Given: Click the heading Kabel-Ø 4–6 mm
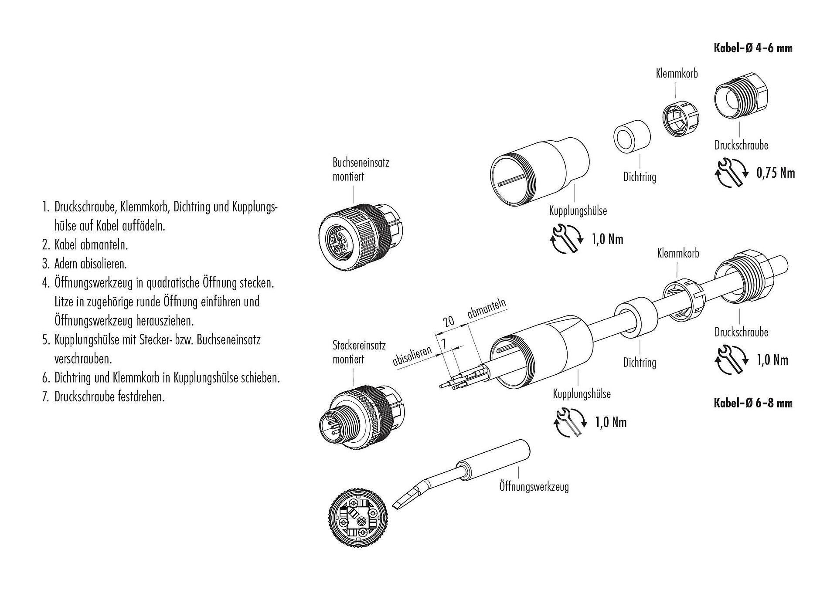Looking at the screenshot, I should tap(753, 48).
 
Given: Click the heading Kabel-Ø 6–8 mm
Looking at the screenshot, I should tap(753, 403).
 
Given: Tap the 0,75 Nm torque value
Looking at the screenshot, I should tap(776, 173).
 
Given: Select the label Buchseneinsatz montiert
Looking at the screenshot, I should tap(361, 170).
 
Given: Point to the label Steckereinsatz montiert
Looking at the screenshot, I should tap(359, 353).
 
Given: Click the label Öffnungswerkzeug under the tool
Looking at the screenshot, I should tap(534, 486).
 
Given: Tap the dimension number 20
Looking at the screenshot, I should tap(449, 322).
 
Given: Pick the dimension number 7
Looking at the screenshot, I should tap(444, 344).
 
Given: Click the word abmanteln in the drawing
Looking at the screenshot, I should tap(487, 308).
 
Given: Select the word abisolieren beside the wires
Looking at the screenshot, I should tap(412, 356).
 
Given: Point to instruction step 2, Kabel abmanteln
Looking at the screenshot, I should tap(85, 244).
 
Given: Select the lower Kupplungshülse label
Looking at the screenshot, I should tap(582, 394).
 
